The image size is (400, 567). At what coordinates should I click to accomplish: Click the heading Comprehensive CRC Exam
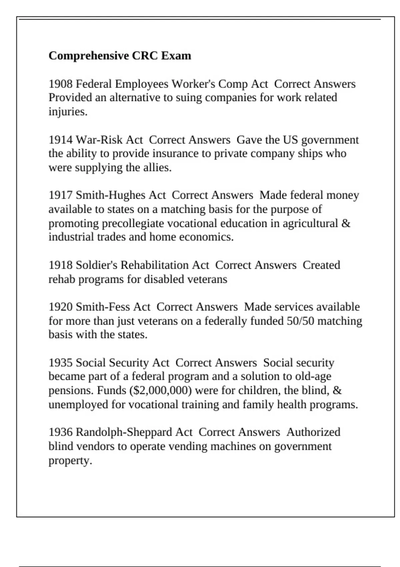(120, 55)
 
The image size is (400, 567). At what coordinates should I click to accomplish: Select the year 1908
(60, 84)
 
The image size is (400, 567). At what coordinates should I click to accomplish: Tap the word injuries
(68, 112)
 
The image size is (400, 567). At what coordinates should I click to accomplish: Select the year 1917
(60, 195)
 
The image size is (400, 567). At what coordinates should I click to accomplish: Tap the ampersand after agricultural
(346, 223)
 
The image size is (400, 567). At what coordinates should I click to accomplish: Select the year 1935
(60, 363)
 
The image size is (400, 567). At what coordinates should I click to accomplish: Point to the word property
(70, 461)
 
